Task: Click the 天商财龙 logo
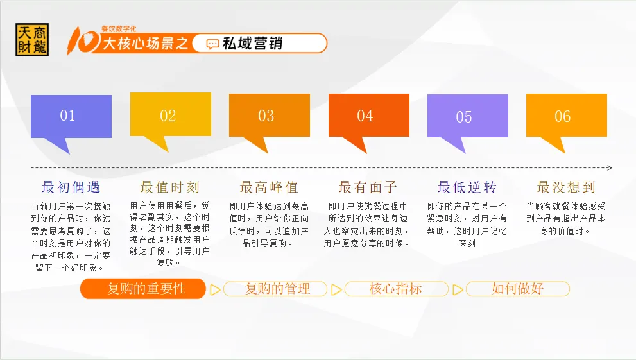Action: point(32,40)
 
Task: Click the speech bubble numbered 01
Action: point(71,117)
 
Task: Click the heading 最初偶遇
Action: point(71,187)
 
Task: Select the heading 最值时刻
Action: point(170,187)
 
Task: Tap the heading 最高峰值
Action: point(270,187)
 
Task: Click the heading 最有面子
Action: point(368,187)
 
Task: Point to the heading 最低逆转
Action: point(467,187)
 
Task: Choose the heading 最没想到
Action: point(566,187)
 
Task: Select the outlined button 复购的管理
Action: point(275,289)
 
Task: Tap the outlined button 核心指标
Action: point(396,289)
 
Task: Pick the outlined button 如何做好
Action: point(518,289)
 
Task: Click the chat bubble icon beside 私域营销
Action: point(212,44)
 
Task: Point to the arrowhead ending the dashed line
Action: point(609,167)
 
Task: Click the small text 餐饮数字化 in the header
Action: point(119,29)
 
